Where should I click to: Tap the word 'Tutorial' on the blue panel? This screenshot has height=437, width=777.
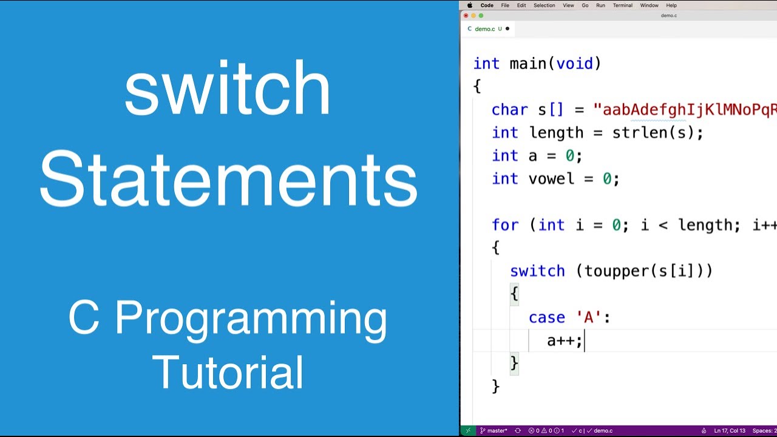click(228, 372)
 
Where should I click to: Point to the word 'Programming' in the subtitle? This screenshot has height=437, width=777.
click(251, 319)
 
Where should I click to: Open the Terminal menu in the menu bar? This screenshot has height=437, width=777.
click(622, 5)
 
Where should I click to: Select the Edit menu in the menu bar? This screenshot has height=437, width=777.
click(521, 5)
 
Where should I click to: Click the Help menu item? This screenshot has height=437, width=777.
click(671, 5)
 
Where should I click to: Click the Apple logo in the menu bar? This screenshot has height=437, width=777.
click(469, 5)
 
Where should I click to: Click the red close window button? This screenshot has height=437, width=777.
click(466, 16)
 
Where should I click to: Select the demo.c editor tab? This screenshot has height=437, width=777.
click(484, 29)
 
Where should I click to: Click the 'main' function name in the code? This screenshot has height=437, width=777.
click(528, 64)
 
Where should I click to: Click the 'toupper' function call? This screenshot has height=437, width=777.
click(612, 271)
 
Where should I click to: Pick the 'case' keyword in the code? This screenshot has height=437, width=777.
click(546, 317)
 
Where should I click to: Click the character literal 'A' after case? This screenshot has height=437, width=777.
click(588, 317)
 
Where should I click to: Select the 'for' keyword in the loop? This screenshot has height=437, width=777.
click(505, 225)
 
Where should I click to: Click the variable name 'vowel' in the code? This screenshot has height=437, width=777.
click(551, 179)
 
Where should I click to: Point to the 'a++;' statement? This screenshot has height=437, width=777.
click(564, 340)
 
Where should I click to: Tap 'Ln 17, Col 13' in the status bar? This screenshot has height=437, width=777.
click(730, 431)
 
